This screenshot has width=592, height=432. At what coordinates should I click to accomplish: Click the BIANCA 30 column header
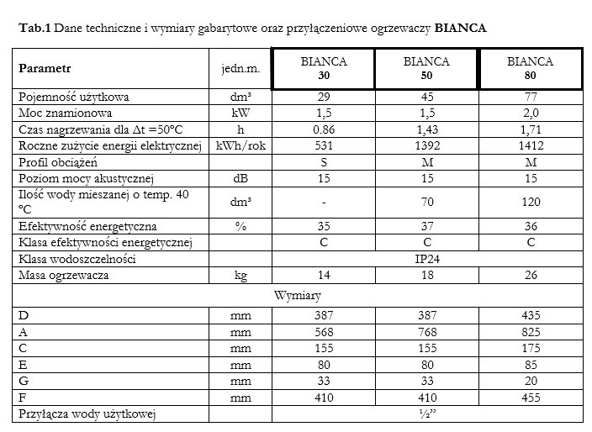click(x=324, y=68)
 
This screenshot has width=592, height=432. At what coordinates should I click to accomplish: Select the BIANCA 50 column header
click(x=426, y=68)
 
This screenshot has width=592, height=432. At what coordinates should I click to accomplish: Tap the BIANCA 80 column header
click(x=530, y=68)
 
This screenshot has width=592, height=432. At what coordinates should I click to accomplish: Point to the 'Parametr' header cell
click(x=44, y=68)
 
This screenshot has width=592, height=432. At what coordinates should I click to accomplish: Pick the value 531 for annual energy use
click(x=324, y=147)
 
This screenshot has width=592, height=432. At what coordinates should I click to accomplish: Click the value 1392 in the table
click(x=426, y=147)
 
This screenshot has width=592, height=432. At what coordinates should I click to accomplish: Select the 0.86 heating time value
click(x=324, y=130)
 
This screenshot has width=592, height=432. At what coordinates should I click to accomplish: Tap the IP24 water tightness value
click(x=427, y=260)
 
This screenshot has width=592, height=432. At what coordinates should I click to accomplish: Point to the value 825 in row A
click(x=530, y=332)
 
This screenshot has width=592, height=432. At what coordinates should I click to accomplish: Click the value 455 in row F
click(x=530, y=397)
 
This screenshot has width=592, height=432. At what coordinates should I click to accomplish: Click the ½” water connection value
click(x=427, y=414)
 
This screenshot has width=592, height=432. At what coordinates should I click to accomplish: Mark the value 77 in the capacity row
click(x=530, y=97)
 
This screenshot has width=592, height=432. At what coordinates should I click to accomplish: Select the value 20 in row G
click(x=530, y=381)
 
